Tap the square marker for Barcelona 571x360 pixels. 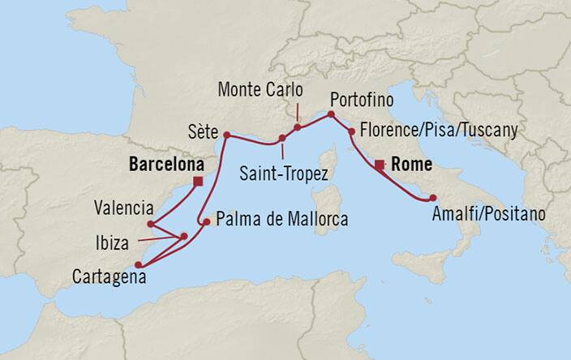pos(198,182)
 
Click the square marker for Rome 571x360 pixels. pos(379,165)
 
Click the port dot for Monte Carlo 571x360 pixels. pos(298,127)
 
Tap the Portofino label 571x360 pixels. pos(361,100)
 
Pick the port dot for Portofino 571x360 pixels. pos(330,115)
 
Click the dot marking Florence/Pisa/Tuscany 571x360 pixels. pos(351,131)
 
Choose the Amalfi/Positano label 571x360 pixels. pos(489,216)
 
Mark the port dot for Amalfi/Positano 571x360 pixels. pos(433,198)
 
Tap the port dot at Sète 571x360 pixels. pos(226,135)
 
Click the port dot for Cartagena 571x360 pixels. pos(139,264)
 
